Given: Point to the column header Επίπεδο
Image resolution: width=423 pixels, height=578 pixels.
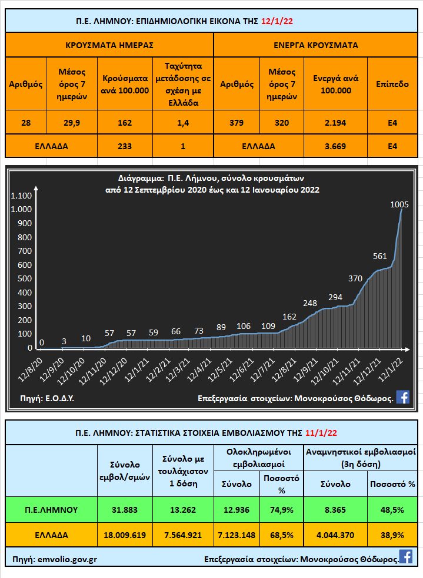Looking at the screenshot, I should [392, 84].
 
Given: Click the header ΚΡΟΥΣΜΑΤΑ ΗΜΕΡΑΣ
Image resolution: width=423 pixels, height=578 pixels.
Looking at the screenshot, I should [109, 45].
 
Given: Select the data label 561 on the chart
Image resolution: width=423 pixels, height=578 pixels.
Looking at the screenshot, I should [380, 256].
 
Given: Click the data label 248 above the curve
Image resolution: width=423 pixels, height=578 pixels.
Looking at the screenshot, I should [310, 303].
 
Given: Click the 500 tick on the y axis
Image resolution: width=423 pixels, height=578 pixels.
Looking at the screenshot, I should [24, 278].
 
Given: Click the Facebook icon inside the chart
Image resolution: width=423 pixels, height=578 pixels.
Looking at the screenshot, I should [403, 397].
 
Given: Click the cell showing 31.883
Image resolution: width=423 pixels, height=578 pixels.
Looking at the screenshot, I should [125, 509].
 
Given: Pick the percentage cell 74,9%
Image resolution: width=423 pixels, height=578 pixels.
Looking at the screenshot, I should [281, 509].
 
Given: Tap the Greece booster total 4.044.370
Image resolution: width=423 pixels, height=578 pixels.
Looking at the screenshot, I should [336, 535].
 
